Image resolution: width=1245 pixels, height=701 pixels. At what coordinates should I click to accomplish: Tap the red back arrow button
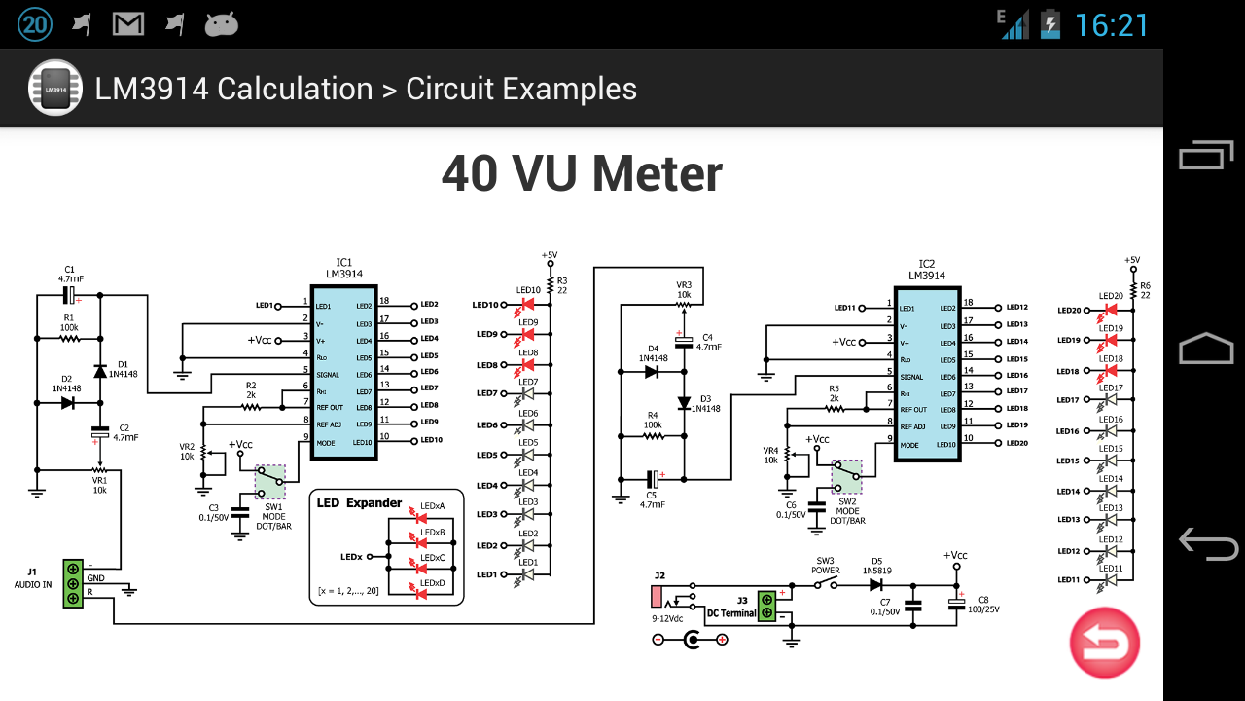click(x=1104, y=643)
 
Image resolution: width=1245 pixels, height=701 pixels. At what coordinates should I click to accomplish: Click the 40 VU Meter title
click(x=582, y=174)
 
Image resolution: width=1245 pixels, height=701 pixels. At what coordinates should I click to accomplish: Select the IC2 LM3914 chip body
click(x=927, y=375)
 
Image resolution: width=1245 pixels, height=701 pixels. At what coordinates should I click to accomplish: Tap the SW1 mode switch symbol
click(x=270, y=482)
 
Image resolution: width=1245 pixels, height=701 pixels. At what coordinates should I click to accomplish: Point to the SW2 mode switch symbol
click(x=846, y=477)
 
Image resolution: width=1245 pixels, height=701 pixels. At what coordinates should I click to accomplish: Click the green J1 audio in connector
click(x=73, y=583)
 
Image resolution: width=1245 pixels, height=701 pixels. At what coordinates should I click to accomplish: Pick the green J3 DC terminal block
click(x=767, y=605)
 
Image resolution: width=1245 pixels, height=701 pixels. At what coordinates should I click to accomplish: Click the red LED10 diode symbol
click(x=528, y=305)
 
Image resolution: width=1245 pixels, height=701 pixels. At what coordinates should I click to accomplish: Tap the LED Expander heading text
click(x=359, y=503)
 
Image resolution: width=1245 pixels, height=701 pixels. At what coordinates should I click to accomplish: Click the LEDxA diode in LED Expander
click(x=421, y=519)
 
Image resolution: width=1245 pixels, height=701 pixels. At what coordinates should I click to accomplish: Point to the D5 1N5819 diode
click(x=876, y=585)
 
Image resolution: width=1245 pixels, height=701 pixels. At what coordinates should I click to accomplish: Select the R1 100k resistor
click(x=69, y=339)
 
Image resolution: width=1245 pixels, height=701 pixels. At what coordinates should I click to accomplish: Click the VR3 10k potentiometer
click(x=684, y=305)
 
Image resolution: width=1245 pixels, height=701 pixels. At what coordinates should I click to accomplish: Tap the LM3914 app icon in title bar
click(x=54, y=89)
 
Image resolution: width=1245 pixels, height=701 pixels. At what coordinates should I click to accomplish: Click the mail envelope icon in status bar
click(x=128, y=24)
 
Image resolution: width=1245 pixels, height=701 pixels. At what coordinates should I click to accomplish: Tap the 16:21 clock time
click(x=1111, y=25)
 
